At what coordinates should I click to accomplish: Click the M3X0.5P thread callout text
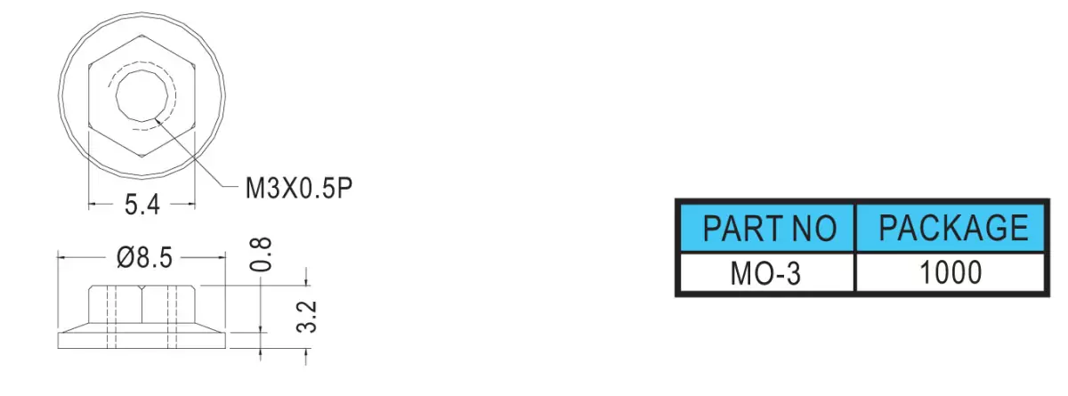299,189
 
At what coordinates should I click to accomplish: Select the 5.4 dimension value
142,205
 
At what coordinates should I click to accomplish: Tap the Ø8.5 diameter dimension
144,258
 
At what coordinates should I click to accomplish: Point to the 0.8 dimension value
262,254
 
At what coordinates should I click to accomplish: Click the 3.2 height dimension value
306,317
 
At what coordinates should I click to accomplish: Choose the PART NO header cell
767,229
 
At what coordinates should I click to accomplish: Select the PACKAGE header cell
951,229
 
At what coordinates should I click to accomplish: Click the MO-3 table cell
765,273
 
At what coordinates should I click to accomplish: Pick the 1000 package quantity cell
951,272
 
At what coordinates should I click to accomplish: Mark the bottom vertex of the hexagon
142,157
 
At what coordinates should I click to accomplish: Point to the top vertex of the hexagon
142,35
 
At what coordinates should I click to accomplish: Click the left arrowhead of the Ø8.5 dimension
62,257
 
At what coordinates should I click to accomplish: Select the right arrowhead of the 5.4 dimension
190,205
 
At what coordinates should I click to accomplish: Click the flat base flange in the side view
142,340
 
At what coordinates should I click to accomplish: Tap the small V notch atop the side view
142,287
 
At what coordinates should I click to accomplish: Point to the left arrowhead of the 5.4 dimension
93,205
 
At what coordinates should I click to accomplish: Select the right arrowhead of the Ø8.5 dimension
221,257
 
